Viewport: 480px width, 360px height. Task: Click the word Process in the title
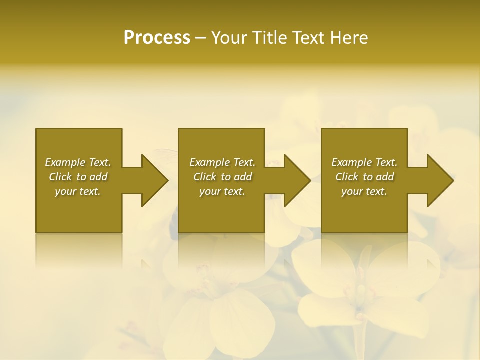click(157, 38)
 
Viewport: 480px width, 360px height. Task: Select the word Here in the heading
click(349, 38)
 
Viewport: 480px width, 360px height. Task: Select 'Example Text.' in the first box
click(78, 162)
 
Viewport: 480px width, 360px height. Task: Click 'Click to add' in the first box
click(78, 177)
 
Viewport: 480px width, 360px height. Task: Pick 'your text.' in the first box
click(78, 191)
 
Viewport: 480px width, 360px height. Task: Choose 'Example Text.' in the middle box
click(222, 162)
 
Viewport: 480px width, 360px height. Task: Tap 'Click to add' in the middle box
click(222, 177)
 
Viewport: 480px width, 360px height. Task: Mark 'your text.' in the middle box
click(222, 191)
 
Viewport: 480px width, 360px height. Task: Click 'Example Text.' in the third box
click(364, 162)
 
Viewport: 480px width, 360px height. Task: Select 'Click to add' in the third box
click(364, 177)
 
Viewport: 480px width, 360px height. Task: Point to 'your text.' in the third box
click(364, 191)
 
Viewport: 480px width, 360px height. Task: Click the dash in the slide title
click(201, 38)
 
